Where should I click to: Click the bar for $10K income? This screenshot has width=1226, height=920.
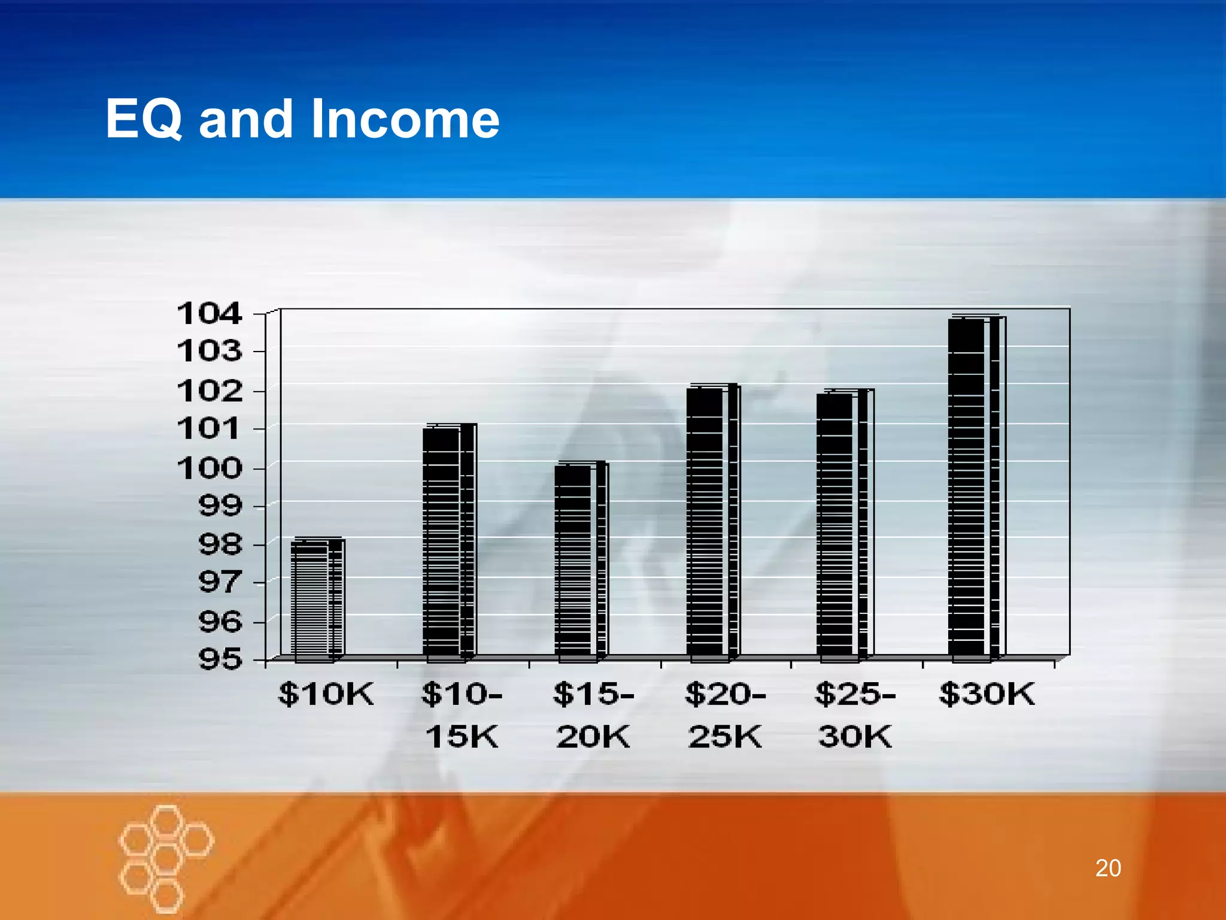click(x=317, y=599)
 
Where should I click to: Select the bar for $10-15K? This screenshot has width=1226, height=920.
click(x=448, y=542)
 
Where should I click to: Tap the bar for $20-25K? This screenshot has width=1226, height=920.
click(x=712, y=522)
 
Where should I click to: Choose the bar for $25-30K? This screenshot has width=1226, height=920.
click(x=842, y=525)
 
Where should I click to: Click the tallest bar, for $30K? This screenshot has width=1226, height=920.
click(x=974, y=488)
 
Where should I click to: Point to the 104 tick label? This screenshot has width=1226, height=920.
click(x=210, y=314)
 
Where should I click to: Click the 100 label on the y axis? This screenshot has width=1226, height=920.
click(x=210, y=468)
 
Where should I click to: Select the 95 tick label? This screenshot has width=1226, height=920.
click(x=220, y=659)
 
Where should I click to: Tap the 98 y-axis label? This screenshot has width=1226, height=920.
click(x=220, y=544)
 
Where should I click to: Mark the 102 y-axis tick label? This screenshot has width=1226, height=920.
click(x=210, y=391)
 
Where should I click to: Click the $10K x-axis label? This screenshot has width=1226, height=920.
click(x=326, y=694)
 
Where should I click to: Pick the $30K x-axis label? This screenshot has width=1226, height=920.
click(x=987, y=694)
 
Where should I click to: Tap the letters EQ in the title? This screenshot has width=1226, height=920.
click(x=144, y=119)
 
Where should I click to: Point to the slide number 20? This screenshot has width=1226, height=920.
click(x=1107, y=868)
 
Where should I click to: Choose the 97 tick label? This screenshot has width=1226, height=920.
click(x=220, y=582)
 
